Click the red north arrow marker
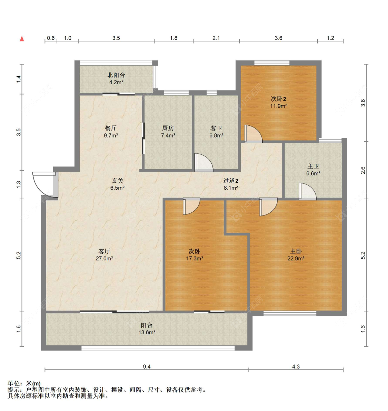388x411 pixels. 22,39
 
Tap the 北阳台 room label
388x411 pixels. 116,75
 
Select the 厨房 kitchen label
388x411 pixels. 168,128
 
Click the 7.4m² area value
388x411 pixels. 168,136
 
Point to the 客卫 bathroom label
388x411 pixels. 216,128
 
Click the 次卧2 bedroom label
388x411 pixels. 278,99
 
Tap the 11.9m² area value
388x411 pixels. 278,106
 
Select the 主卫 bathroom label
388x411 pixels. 313,166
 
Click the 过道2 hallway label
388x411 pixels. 231,180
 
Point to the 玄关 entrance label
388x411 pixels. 117,180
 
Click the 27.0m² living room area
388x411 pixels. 104,259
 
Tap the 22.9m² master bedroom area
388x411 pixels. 296,259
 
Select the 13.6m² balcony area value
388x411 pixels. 147,333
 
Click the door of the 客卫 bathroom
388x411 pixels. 203,163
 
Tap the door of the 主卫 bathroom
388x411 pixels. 307,192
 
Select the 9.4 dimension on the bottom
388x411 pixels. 147,366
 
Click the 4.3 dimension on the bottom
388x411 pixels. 296,366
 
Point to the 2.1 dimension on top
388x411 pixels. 216,38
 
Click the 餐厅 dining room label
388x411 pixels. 111,128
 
